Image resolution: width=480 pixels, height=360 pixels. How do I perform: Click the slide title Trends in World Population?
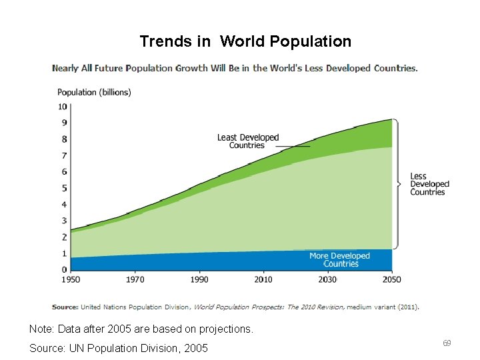click(245, 41)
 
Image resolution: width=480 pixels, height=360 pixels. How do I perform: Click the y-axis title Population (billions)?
click(94, 92)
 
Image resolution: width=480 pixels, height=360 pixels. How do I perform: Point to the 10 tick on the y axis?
click(62, 107)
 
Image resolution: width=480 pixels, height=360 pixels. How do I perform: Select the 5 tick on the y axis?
click(64, 188)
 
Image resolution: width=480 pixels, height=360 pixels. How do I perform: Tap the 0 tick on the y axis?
click(64, 269)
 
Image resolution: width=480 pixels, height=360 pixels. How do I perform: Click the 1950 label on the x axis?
click(71, 280)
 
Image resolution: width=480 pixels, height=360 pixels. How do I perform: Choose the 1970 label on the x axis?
click(135, 280)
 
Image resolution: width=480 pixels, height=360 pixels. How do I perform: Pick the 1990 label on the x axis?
click(199, 280)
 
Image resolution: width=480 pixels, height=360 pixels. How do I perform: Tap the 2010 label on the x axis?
click(263, 280)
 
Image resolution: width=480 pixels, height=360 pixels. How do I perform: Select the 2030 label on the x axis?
click(327, 280)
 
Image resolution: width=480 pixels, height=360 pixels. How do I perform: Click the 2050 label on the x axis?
click(391, 280)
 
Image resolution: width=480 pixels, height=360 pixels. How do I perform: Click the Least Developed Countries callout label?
click(247, 141)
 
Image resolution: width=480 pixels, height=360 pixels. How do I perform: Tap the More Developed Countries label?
click(339, 260)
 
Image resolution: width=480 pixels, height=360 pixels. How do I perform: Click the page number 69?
click(447, 343)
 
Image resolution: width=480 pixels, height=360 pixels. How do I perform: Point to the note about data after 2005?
click(141, 329)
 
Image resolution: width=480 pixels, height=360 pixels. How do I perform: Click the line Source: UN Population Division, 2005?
click(119, 348)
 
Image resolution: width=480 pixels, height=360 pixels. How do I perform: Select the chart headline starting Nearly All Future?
click(235, 68)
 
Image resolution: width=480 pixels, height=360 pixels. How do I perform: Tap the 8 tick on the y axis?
click(64, 139)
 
